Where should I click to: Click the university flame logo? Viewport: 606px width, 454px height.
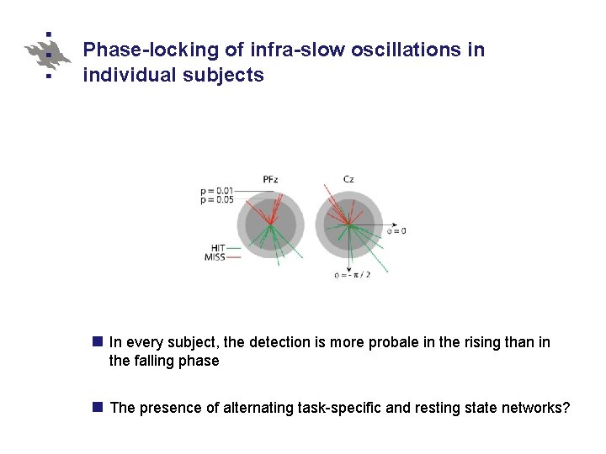pyautogui.click(x=48, y=55)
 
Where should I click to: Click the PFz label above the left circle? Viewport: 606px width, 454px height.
pyautogui.click(x=270, y=179)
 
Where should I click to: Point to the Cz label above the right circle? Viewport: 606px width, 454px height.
pyautogui.click(x=348, y=179)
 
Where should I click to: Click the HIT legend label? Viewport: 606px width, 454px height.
pyautogui.click(x=217, y=248)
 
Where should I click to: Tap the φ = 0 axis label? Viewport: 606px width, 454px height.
pyautogui.click(x=396, y=230)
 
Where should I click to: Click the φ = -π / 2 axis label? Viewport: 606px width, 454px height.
pyautogui.click(x=353, y=275)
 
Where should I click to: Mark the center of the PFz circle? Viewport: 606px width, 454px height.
pyautogui.click(x=270, y=224)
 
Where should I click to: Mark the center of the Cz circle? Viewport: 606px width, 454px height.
pyautogui.click(x=348, y=224)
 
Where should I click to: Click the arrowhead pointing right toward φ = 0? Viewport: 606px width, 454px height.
pyautogui.click(x=384, y=224)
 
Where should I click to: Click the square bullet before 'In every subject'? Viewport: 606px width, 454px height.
pyautogui.click(x=97, y=342)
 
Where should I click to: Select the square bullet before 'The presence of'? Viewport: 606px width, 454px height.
pyautogui.click(x=97, y=408)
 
